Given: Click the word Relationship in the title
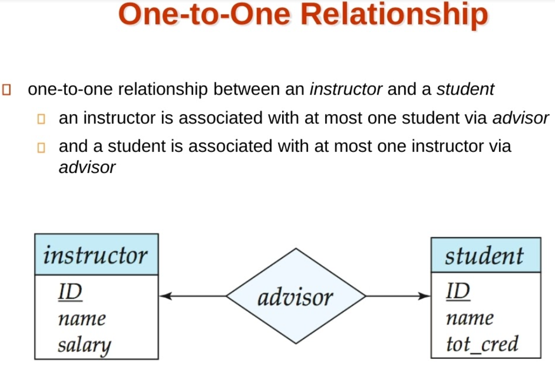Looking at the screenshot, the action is [x=393, y=15].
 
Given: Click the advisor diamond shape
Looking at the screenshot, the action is [x=295, y=296].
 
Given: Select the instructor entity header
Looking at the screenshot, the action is [x=96, y=255].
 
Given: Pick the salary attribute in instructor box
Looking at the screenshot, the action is [x=84, y=346].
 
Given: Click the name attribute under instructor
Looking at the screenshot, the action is [x=82, y=319].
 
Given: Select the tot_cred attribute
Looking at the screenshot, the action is [x=482, y=344].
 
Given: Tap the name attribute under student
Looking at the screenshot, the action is [x=470, y=319].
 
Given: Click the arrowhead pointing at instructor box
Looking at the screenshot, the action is [x=165, y=296].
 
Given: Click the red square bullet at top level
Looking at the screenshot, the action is [x=7, y=89].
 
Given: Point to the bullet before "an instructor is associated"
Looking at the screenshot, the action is [x=41, y=119].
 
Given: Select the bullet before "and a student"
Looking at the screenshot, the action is [x=41, y=148].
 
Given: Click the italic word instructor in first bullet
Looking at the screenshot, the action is [x=345, y=89].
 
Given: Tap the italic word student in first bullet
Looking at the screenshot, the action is [x=465, y=89].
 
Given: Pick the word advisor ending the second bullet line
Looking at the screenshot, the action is [x=521, y=118].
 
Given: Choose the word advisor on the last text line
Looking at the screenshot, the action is [x=87, y=167].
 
